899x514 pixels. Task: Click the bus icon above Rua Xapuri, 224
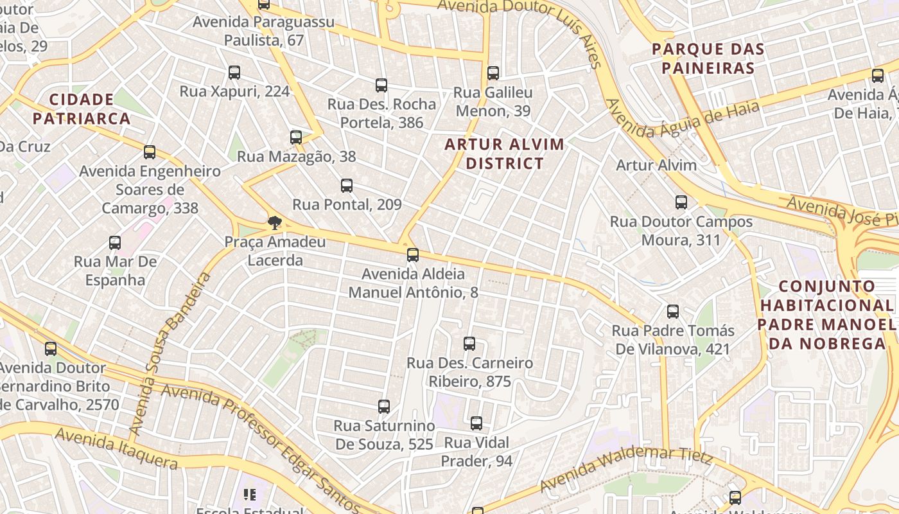coord(234,73)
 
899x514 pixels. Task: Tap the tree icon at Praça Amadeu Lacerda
coord(275,223)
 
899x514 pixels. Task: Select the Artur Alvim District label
coord(505,154)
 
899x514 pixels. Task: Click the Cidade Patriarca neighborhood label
coord(82,109)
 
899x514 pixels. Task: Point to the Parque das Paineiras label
coord(708,58)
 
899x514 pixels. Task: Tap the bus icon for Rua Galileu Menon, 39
coord(493,73)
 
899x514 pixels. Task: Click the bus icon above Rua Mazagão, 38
coord(296,137)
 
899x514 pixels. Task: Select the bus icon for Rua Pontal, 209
coord(347,186)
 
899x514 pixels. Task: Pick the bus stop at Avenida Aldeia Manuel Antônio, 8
coord(413,255)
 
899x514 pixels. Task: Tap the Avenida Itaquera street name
coord(116,449)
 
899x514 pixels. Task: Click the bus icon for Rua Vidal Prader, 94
coord(476,423)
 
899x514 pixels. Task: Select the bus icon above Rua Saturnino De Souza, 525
coord(384,407)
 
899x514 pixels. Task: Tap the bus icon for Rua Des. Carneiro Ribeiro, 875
coord(469,344)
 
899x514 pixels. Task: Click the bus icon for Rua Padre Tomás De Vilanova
coord(673,312)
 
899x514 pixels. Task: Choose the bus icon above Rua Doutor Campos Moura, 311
coord(681,202)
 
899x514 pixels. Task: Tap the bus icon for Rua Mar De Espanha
coord(115,243)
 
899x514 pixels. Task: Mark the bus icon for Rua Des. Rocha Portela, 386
coord(381,85)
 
